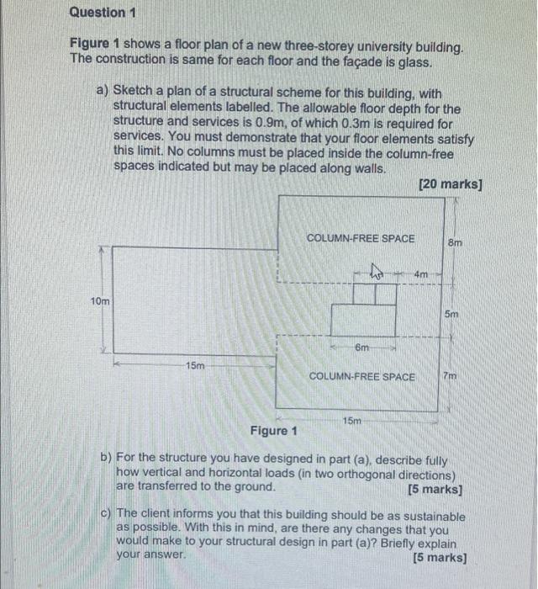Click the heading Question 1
click(x=102, y=13)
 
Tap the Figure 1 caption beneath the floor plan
click(x=274, y=432)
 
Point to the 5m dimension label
click(x=451, y=314)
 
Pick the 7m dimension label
click(x=451, y=376)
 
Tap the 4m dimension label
click(x=421, y=273)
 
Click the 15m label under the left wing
click(x=194, y=366)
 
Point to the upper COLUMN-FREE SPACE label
click(x=361, y=238)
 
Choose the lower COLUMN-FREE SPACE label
click(x=362, y=376)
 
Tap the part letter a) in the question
click(x=103, y=89)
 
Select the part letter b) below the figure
click(x=107, y=459)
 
